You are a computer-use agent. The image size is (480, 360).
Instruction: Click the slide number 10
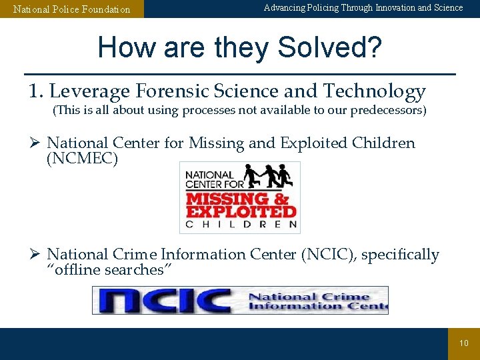point(464,343)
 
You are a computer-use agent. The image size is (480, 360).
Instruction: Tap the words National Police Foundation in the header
point(72,9)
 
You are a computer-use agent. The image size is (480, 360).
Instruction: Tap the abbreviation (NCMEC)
point(82,159)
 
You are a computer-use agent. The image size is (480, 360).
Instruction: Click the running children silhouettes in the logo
point(268,176)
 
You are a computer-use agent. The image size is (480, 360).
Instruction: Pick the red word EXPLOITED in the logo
point(241,211)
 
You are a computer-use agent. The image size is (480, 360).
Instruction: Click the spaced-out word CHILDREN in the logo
point(241,225)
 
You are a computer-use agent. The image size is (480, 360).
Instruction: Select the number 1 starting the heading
point(34,91)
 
